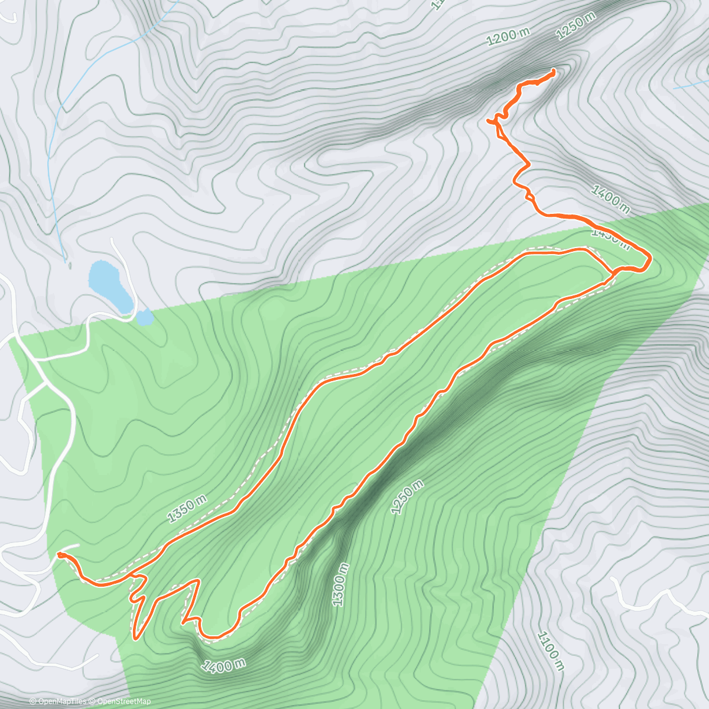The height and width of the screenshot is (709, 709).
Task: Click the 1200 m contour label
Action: (x=508, y=37)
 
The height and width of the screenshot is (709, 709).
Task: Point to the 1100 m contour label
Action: (x=549, y=651)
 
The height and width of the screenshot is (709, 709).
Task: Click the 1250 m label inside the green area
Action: (x=407, y=497)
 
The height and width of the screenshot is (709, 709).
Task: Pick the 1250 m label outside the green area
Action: (x=576, y=27)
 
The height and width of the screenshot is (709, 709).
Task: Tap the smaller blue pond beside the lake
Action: (x=145, y=318)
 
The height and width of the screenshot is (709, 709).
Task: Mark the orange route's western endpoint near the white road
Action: (x=59, y=554)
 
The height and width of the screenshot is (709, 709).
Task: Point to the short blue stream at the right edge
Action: (x=691, y=84)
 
